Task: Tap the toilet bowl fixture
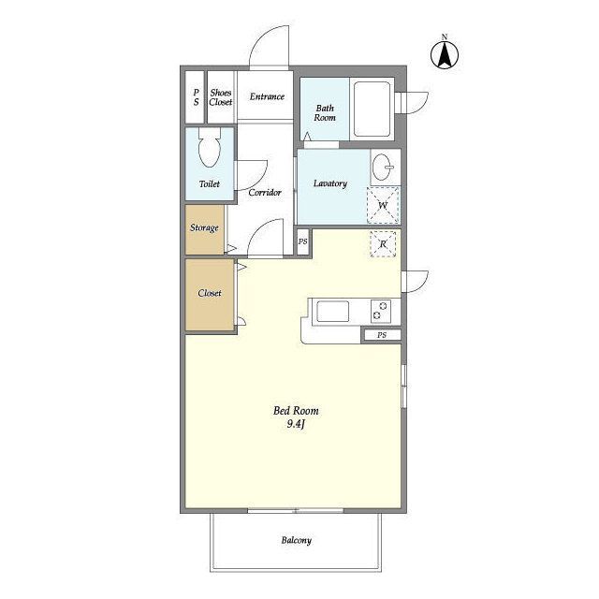point(210,148)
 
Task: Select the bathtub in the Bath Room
point(372,109)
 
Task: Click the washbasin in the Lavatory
point(383,167)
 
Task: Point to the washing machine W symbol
point(383,205)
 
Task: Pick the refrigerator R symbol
point(383,243)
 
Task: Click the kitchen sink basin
point(333,312)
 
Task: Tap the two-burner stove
point(381,311)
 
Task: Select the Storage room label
point(204,228)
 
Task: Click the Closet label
point(210,293)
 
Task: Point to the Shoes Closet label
point(221,97)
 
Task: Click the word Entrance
point(267,96)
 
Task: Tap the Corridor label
point(265,192)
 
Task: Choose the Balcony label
point(297,540)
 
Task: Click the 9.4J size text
point(296,424)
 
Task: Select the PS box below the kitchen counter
point(382,335)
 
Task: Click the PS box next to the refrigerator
point(303,241)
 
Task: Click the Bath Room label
point(325,112)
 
